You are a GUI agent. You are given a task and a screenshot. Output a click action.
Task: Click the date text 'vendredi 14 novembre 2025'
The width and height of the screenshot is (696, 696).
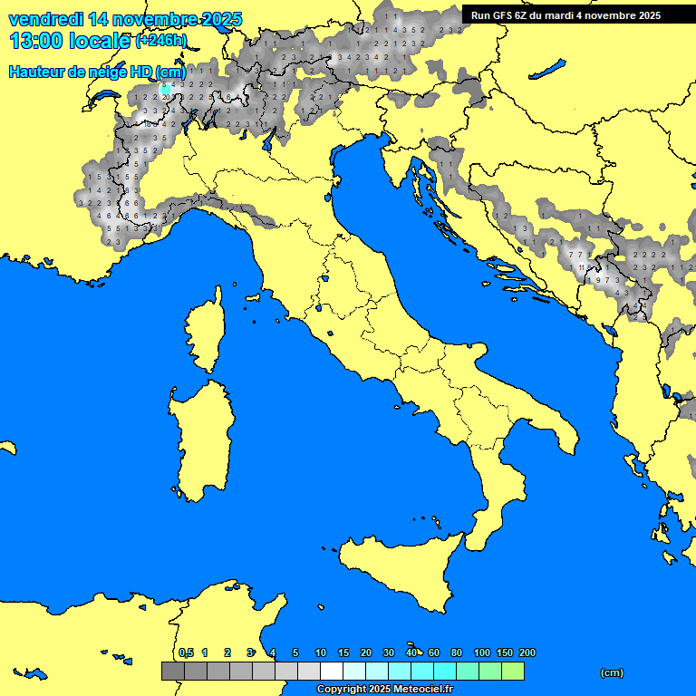click(125, 18)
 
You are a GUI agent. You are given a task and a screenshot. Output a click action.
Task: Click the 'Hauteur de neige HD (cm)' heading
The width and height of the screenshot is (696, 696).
click(97, 72)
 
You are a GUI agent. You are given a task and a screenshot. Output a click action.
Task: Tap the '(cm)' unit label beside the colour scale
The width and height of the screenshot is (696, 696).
click(612, 672)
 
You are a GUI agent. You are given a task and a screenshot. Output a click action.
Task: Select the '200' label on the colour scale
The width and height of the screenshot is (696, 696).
click(527, 652)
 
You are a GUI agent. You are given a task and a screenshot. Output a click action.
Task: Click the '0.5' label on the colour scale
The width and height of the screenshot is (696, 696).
click(186, 652)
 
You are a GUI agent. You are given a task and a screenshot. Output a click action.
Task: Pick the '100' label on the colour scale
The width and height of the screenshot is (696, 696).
click(481, 652)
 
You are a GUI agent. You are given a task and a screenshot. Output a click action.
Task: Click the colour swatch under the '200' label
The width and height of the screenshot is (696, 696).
click(512, 671)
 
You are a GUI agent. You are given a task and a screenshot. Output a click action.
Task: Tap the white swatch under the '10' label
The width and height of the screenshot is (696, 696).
click(331, 671)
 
